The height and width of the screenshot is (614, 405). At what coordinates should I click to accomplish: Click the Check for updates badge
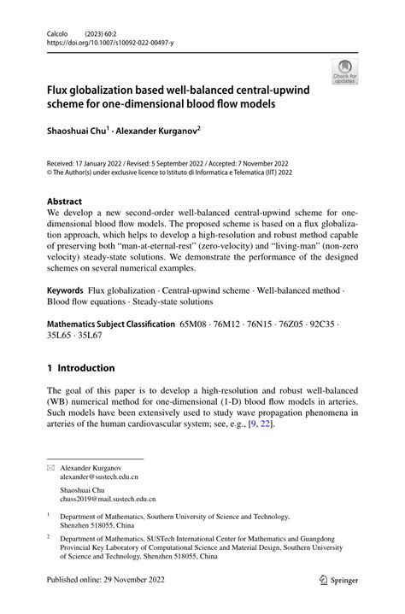point(345,73)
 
